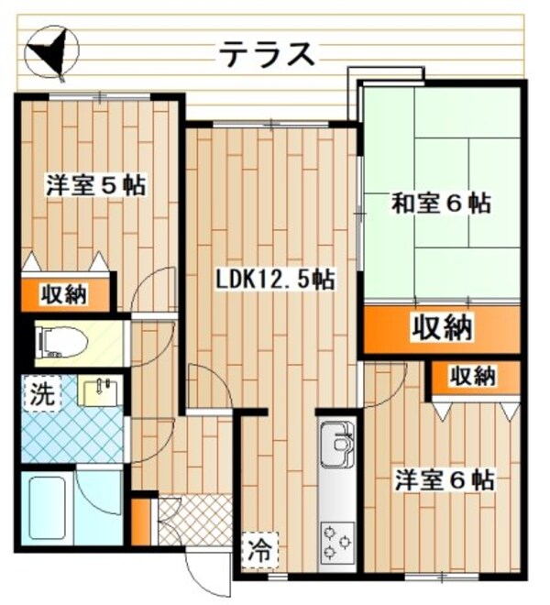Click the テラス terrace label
tap(266, 54)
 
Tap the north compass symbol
tap(52, 51)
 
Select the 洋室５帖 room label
tap(94, 184)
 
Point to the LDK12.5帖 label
tap(274, 279)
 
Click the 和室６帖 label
tap(441, 203)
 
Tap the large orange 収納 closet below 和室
tap(441, 327)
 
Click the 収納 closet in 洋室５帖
tap(63, 295)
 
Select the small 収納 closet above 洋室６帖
tap(474, 376)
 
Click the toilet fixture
tap(64, 343)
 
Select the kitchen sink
tap(336, 445)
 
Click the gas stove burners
tap(335, 542)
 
